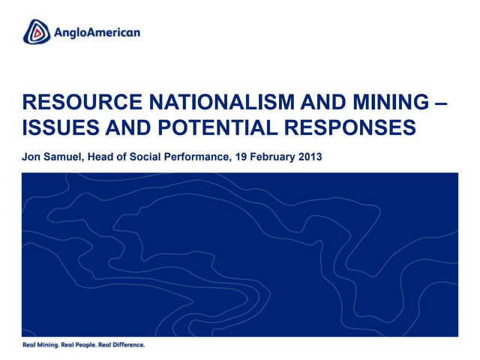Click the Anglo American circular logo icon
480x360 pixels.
[x=36, y=31]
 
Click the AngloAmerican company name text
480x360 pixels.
[x=97, y=32]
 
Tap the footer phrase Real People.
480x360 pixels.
[x=81, y=345]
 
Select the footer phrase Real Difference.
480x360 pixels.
[x=123, y=345]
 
